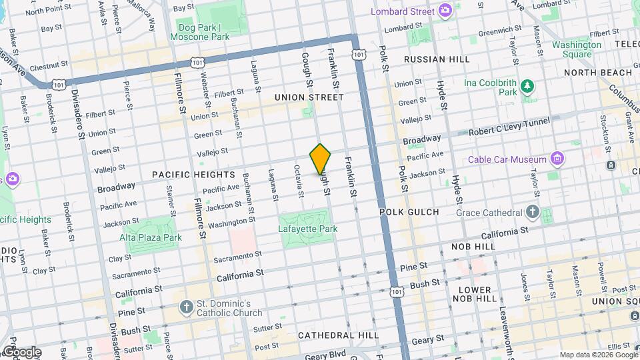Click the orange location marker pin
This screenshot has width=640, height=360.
coord(321,159)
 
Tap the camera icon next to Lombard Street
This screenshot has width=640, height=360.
coord(445,11)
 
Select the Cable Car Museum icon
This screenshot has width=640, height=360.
coord(557,159)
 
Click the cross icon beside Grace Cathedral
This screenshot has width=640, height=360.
coord(532,212)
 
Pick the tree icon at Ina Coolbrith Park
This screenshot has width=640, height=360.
coord(527,86)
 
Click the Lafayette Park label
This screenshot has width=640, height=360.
coord(308,229)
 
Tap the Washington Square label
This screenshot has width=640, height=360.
coord(576,50)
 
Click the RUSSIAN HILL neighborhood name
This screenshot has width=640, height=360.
coord(437,59)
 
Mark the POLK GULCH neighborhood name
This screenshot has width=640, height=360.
coord(409,212)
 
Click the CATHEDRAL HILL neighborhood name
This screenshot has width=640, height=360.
coord(338,335)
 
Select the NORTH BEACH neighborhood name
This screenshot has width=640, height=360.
coord(597,73)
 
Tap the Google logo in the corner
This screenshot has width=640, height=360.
coord(21,352)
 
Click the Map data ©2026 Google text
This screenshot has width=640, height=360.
coord(597,355)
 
